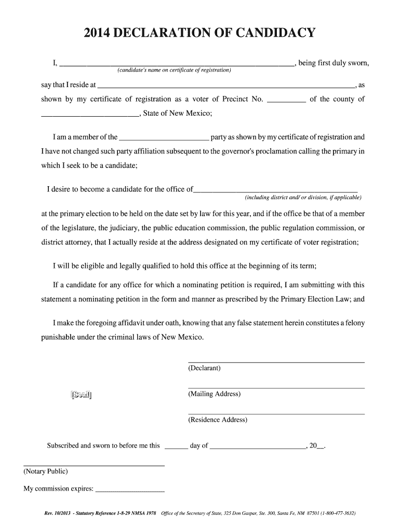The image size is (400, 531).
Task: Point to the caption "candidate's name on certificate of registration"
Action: click(x=174, y=70)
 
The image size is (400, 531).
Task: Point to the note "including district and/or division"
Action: click(x=303, y=198)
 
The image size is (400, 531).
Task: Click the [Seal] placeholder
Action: click(x=81, y=395)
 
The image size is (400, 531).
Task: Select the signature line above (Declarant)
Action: click(x=276, y=361)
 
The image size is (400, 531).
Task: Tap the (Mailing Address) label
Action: click(x=215, y=394)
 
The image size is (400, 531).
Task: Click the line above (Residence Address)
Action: click(x=276, y=413)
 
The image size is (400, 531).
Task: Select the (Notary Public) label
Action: click(x=46, y=472)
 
